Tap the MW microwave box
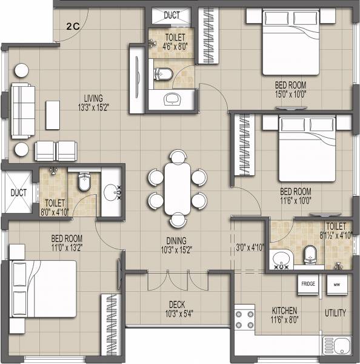point(337,283)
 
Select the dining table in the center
point(177,189)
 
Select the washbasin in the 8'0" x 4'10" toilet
point(112,192)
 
